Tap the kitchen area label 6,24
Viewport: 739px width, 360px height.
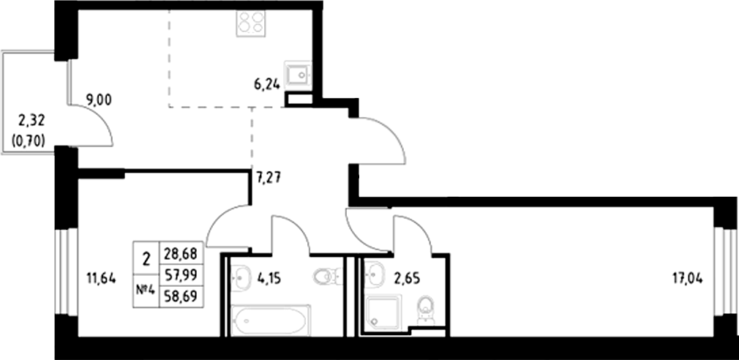coord(267,83)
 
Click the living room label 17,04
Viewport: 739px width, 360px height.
coord(687,277)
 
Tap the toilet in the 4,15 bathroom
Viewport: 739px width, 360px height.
coord(326,276)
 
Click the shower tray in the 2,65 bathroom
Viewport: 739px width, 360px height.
coord(383,312)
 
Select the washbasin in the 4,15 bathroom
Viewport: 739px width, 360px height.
coord(241,277)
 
